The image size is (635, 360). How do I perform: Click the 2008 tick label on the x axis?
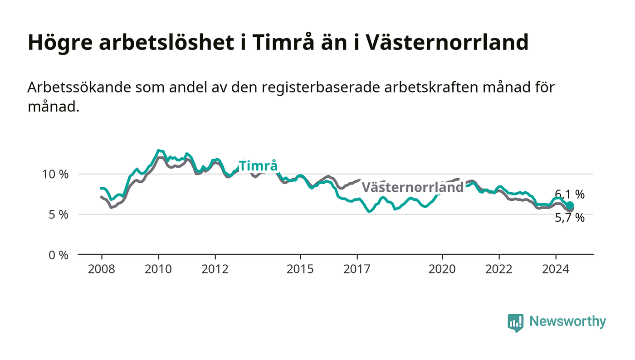(102, 269)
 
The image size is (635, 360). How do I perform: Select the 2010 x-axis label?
(158, 269)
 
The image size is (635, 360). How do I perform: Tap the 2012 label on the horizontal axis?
(215, 269)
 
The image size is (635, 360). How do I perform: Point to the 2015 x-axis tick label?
(300, 269)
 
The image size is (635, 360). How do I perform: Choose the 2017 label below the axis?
(357, 269)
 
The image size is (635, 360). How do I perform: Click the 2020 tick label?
(442, 269)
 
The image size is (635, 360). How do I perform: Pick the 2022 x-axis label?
(499, 269)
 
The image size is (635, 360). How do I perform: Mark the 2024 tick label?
(556, 269)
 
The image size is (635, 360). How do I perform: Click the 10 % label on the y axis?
(55, 174)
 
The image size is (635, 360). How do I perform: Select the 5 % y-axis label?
(59, 214)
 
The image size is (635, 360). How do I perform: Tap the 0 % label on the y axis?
(59, 255)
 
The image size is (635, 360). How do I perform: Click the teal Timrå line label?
(258, 165)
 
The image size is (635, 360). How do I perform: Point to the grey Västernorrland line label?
(413, 187)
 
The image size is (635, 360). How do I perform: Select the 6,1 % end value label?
(570, 195)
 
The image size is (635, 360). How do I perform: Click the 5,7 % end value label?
(570, 218)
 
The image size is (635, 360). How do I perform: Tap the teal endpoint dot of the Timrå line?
(570, 205)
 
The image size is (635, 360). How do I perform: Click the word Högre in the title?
(60, 43)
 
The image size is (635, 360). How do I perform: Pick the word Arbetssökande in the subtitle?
(79, 88)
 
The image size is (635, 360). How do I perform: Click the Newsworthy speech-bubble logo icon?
(516, 323)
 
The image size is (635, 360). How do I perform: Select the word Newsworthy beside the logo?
(568, 321)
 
